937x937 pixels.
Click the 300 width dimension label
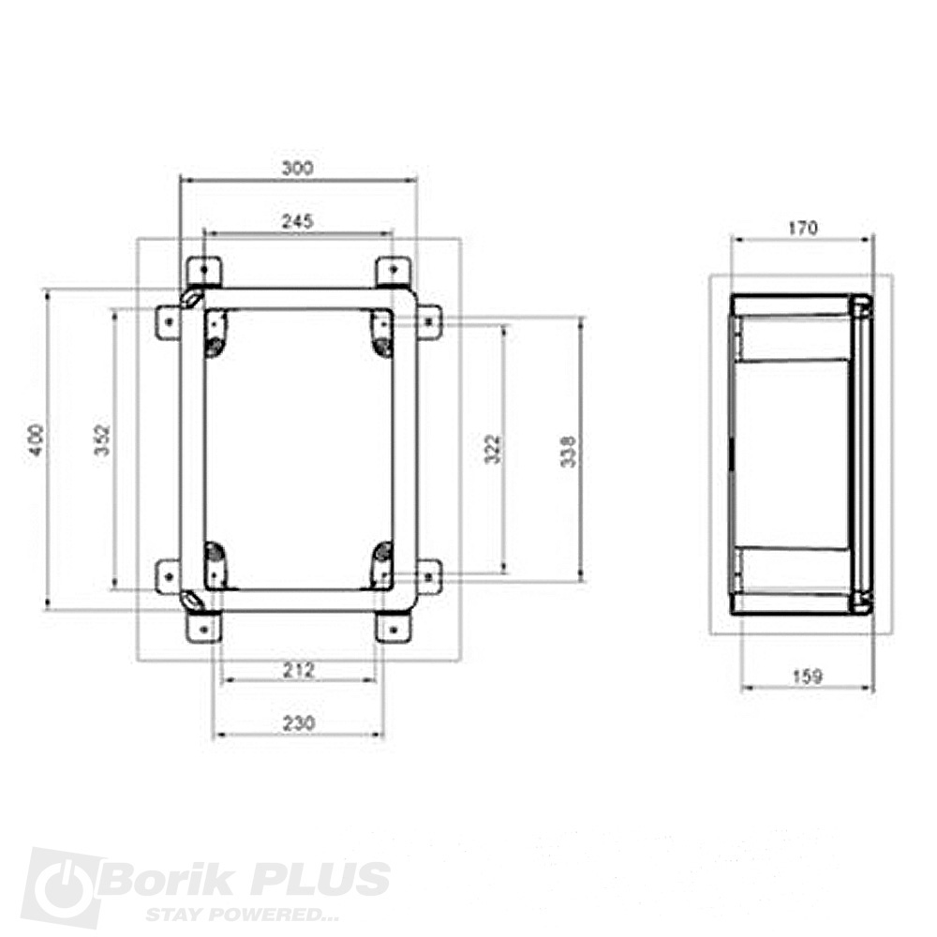pyautogui.click(x=297, y=168)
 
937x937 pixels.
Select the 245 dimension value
pyautogui.click(x=297, y=221)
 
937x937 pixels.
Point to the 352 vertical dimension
pyautogui.click(x=103, y=439)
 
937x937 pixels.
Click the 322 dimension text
pyautogui.click(x=495, y=449)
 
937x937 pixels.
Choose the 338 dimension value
pyautogui.click(x=570, y=451)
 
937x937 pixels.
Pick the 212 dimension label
pyautogui.click(x=299, y=669)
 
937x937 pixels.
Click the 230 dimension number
pyautogui.click(x=299, y=722)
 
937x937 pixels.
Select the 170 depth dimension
pyautogui.click(x=803, y=227)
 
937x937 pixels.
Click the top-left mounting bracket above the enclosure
pyautogui.click(x=203, y=272)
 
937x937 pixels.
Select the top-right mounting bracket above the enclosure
pyautogui.click(x=392, y=272)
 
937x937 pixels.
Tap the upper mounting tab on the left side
pyautogui.click(x=168, y=321)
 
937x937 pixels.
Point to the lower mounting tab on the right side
pyautogui.click(x=429, y=574)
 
